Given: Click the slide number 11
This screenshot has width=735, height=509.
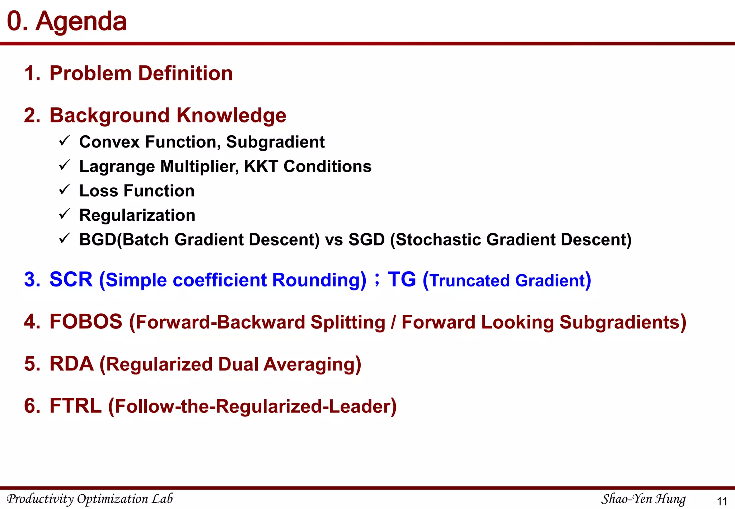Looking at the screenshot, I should (x=721, y=501).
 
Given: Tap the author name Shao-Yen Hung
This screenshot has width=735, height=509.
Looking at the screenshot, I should (x=643, y=499).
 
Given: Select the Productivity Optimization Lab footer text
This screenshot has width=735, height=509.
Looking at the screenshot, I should (x=90, y=499).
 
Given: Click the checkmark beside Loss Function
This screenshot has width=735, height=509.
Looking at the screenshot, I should (x=64, y=189).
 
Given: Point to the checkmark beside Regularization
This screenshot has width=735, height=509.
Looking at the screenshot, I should (x=64, y=214).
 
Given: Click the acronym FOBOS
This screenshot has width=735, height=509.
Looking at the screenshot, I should (x=86, y=322).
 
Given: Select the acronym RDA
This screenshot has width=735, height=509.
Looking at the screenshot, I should (x=71, y=364).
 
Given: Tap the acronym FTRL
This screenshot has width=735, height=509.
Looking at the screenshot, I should (x=75, y=406).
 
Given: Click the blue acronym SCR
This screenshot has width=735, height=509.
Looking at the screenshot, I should (x=71, y=280).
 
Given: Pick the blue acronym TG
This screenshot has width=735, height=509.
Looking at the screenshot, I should (x=402, y=280).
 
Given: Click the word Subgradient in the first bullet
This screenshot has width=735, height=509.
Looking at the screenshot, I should (x=275, y=142).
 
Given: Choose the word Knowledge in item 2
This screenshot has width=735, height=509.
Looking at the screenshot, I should (x=231, y=116).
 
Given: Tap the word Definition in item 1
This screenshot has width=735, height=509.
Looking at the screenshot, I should (x=185, y=74).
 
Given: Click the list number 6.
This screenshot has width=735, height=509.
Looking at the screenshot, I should (x=32, y=406).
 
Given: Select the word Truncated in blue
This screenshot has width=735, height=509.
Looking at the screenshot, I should (x=470, y=281).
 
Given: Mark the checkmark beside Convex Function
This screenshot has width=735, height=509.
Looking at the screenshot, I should (x=64, y=140).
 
